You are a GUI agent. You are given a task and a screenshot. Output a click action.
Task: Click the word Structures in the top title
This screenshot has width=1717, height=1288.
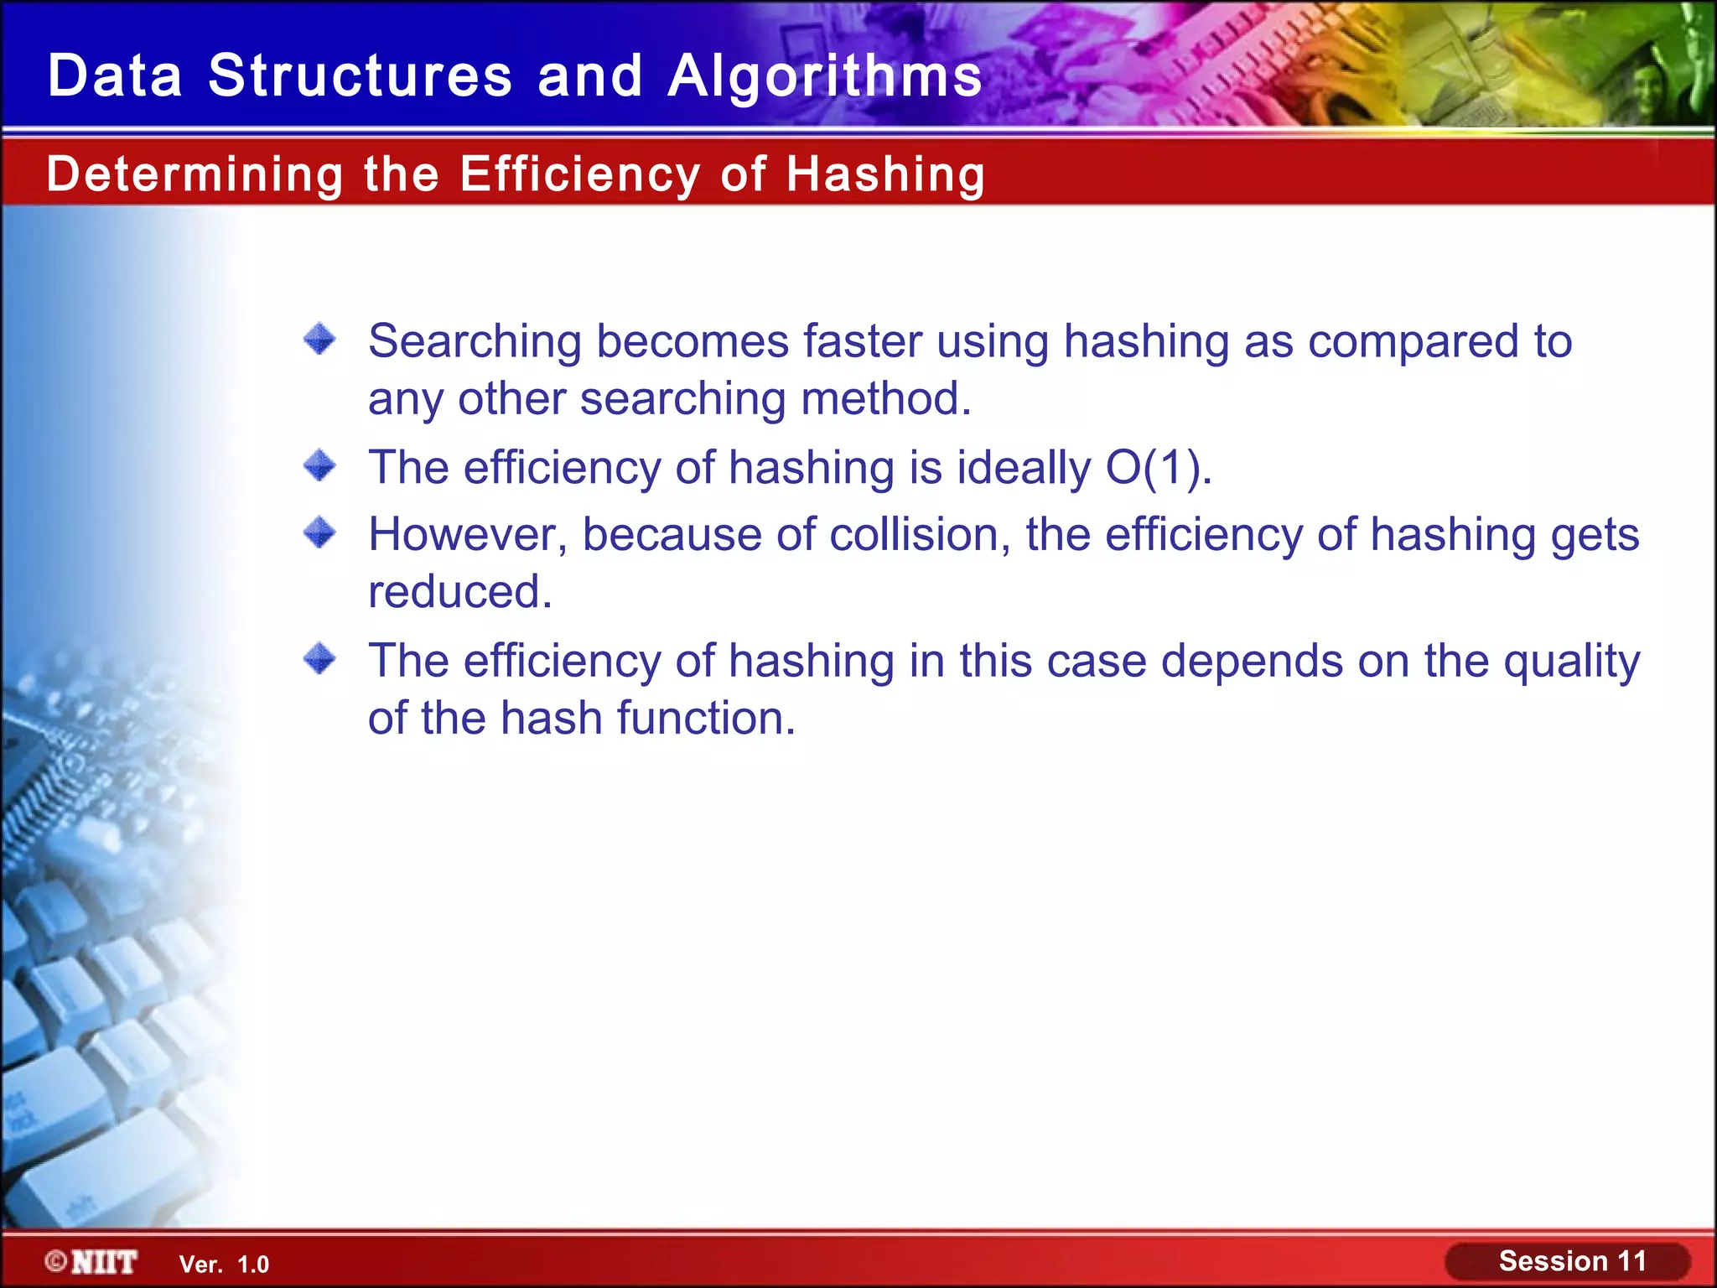pos(360,75)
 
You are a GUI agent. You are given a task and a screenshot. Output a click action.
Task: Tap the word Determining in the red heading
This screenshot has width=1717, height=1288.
pos(195,174)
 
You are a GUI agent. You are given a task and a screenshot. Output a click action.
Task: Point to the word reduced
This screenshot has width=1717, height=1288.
pos(459,592)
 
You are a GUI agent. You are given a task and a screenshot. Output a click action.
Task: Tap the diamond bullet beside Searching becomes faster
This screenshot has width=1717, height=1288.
pos(319,340)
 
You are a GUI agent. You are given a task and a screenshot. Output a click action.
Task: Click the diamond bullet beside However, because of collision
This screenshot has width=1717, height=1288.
pos(319,532)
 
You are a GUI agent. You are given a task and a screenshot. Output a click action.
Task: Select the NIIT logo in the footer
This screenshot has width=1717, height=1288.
pos(92,1262)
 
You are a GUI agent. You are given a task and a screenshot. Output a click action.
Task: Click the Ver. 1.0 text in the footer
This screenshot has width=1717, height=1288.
pos(224,1265)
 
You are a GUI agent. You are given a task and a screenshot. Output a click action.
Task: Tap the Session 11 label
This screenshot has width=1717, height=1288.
pos(1572,1261)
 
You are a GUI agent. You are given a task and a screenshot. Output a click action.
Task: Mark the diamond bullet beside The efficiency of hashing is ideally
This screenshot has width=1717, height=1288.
pos(319,465)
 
